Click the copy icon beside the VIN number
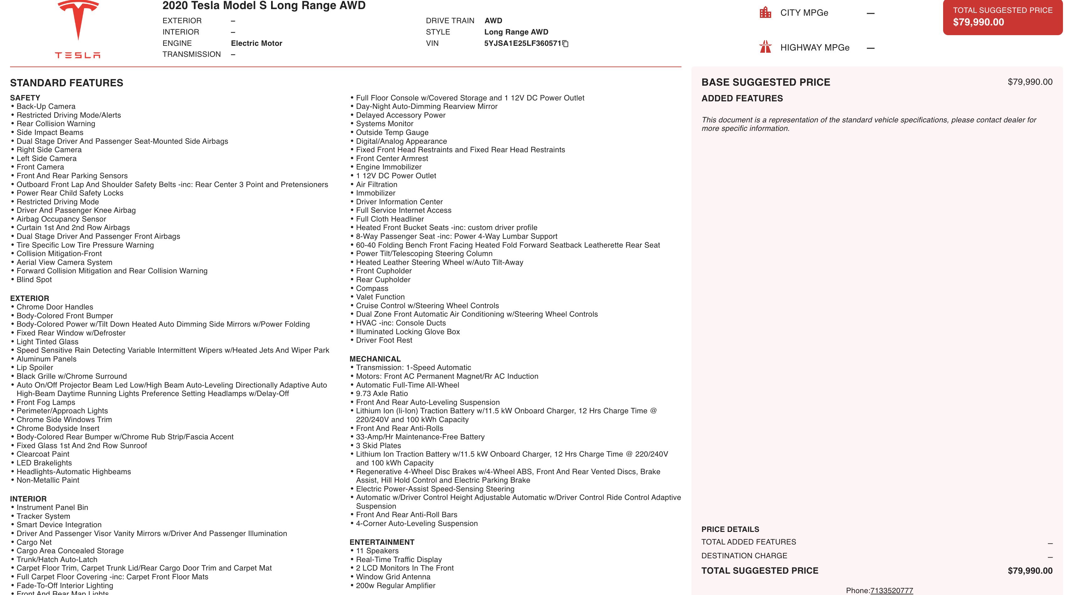[x=565, y=44]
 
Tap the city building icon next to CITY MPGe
[x=765, y=13]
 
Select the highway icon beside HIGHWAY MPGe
[x=765, y=47]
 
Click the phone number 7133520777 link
[x=891, y=590]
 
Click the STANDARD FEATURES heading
[x=67, y=83]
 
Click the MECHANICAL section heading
[x=375, y=359]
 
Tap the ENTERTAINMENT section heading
[x=382, y=542]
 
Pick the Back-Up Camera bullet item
[x=46, y=107]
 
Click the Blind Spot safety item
[x=34, y=280]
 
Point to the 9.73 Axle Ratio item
[x=382, y=393]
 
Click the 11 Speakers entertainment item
[x=377, y=551]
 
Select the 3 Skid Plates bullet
[x=378, y=445]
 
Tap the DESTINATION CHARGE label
[x=744, y=556]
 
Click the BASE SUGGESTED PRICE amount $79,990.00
[x=1030, y=82]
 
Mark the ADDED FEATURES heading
[x=742, y=98]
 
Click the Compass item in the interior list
[x=372, y=288]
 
